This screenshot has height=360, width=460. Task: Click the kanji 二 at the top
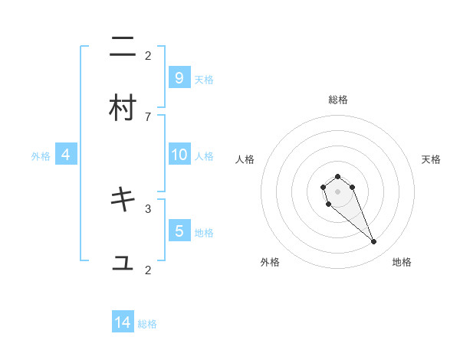tap(123, 48)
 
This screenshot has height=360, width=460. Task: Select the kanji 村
tap(123, 108)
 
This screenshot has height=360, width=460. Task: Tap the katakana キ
tap(123, 200)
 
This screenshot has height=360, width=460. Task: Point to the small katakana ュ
tap(123, 263)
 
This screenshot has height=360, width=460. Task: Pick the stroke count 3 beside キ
tap(148, 208)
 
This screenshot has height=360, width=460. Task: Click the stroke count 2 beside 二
tap(148, 55)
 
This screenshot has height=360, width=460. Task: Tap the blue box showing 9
tap(179, 77)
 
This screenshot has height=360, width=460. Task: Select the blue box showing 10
tap(179, 155)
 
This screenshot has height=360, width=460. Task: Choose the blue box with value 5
tap(179, 231)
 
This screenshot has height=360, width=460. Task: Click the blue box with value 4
tap(66, 155)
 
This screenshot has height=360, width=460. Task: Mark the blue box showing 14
tap(123, 322)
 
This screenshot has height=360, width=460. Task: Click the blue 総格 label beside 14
tap(147, 324)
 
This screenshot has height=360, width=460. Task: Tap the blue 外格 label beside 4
tap(41, 156)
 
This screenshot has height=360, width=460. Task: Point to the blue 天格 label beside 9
tap(203, 79)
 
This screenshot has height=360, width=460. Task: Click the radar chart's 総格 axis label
tap(338, 100)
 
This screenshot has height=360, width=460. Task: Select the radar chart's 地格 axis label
tap(402, 262)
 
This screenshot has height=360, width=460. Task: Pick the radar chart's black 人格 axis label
tap(245, 159)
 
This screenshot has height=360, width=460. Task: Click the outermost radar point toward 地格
tap(374, 242)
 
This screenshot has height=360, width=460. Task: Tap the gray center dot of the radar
tap(338, 191)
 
